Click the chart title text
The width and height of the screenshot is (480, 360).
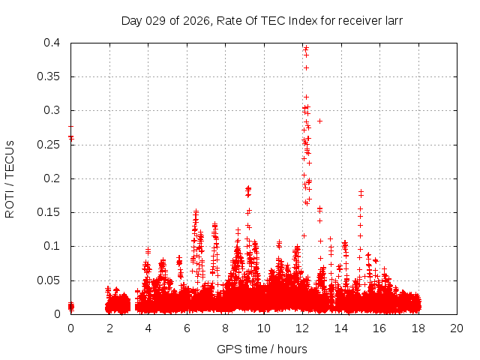262,21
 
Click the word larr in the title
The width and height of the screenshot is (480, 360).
392,21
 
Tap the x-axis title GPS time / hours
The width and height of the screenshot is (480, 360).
262,349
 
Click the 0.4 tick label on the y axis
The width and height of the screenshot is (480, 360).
52,43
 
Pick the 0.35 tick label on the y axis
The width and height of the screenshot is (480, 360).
49,76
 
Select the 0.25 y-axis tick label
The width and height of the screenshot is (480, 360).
49,144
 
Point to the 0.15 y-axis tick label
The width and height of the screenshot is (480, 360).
49,212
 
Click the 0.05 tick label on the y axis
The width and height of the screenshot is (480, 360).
49,280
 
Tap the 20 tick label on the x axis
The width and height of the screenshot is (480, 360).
457,328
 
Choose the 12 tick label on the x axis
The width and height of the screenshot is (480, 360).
302,328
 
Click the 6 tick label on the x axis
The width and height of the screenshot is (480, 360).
187,328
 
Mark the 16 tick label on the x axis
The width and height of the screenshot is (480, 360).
379,328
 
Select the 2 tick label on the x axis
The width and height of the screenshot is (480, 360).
109,328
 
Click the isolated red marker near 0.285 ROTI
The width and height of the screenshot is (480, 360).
319,121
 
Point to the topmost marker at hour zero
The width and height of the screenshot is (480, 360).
70,127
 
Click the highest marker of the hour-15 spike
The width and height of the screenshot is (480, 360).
361,191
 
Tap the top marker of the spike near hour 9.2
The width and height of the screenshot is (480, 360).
248,188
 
